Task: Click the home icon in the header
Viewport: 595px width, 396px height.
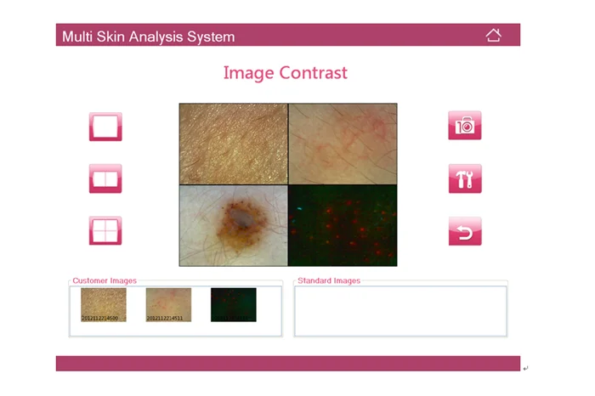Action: coord(493,35)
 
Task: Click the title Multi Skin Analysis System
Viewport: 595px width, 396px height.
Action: coord(148,37)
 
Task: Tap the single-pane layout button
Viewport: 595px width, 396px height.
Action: coord(105,127)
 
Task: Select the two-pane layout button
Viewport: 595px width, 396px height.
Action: coord(105,178)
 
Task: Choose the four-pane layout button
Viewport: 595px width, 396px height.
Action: coord(105,230)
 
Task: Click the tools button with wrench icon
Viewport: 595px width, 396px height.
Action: coord(465,178)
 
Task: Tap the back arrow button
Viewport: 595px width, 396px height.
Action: coord(465,230)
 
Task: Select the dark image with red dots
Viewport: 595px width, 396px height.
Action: coord(343,225)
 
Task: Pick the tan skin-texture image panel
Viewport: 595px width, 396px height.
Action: coord(233,144)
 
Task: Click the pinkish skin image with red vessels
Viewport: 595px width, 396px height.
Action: coord(343,144)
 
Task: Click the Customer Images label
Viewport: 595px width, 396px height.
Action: coord(105,280)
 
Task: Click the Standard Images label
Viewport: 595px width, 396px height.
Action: coord(329,280)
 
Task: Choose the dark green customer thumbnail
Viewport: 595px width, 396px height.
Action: coord(233,304)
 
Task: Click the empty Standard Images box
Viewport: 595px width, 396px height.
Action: coord(399,310)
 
